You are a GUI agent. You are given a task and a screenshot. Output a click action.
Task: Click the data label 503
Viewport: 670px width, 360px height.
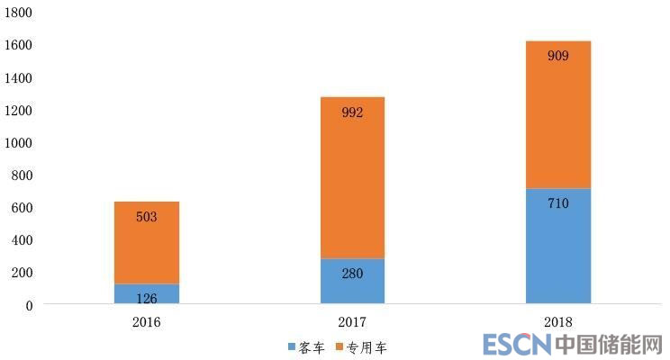click(x=147, y=217)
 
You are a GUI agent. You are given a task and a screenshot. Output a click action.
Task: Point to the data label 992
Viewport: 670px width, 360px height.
click(x=352, y=113)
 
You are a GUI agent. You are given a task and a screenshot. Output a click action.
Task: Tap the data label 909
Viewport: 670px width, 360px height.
click(x=558, y=56)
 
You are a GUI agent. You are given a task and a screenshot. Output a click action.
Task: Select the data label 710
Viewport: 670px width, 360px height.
click(x=558, y=203)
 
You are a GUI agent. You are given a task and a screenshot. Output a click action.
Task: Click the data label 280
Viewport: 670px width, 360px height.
click(x=352, y=274)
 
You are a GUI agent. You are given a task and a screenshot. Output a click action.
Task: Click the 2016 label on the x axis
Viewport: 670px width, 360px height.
click(x=147, y=321)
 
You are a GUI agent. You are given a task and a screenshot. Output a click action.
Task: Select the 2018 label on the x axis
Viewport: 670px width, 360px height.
click(x=558, y=321)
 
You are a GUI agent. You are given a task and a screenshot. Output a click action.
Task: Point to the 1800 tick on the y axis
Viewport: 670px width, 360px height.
click(x=18, y=13)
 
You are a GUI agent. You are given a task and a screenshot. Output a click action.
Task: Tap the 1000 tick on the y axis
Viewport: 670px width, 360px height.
click(x=18, y=143)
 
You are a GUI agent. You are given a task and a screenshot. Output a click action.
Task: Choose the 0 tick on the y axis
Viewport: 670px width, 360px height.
click(x=29, y=305)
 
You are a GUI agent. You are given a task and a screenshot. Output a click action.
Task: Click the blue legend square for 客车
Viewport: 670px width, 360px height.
click(x=292, y=346)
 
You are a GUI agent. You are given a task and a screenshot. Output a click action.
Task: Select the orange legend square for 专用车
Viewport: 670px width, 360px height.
click(x=340, y=346)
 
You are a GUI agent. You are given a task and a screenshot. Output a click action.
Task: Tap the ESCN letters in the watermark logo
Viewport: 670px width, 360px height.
click(x=516, y=345)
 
